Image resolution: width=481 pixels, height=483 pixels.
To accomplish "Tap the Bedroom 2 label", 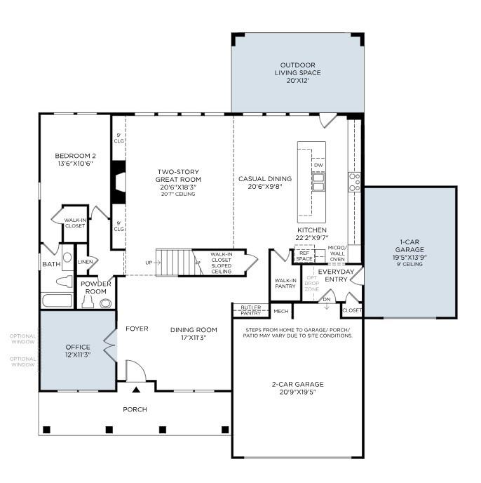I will click(75, 159).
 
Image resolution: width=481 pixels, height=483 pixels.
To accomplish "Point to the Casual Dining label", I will click(264, 183).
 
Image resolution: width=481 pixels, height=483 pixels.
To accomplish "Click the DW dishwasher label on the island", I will click(318, 165).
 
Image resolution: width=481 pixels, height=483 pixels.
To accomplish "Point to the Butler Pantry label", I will click(250, 310).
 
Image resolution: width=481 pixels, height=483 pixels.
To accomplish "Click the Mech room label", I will click(280, 311).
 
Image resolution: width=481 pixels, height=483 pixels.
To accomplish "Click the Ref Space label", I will click(304, 256).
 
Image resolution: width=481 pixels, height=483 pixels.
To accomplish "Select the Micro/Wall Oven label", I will click(337, 253).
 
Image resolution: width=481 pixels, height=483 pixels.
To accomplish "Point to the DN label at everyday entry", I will click(326, 300).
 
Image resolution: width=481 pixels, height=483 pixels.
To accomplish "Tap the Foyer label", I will click(135, 329).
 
